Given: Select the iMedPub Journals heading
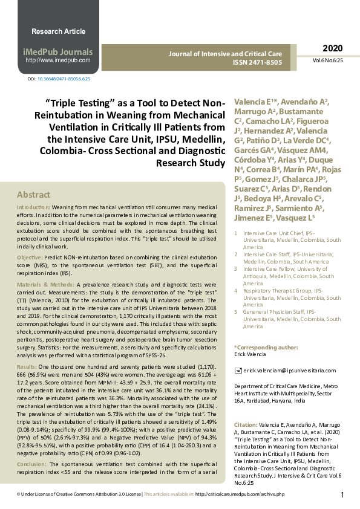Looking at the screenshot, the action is [57, 52].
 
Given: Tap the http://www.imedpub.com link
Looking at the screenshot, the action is [57, 60].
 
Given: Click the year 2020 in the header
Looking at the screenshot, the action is [332, 48].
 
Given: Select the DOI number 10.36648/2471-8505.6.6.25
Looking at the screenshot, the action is [64, 79].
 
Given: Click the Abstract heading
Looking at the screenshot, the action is [33, 195].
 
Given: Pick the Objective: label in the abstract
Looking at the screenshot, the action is [30, 258].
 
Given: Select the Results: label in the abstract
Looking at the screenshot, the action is [27, 366].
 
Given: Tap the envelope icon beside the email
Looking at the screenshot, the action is [237, 369].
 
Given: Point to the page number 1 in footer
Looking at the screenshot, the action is [342, 495].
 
